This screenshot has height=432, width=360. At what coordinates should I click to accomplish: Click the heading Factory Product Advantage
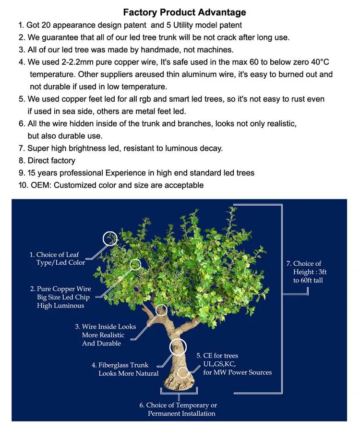184,12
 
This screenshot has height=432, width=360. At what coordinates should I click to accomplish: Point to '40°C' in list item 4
317,62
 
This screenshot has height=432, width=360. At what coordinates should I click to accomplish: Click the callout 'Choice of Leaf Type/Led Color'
58,259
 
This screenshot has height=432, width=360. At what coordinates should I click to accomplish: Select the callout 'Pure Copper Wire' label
60,289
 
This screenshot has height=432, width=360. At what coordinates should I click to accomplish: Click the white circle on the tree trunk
177,346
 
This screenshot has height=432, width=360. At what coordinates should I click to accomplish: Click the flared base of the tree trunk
179,382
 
